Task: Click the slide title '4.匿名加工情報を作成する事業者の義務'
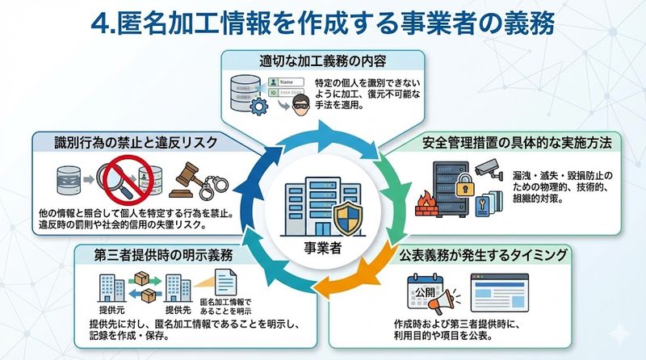point(323,22)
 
